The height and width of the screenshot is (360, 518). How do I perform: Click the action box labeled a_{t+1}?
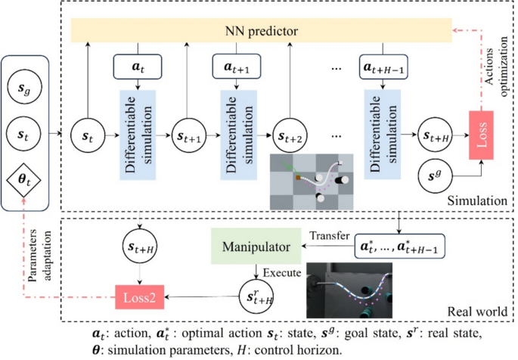click(237, 67)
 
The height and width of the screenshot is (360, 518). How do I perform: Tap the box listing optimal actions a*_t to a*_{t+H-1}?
click(398, 247)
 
